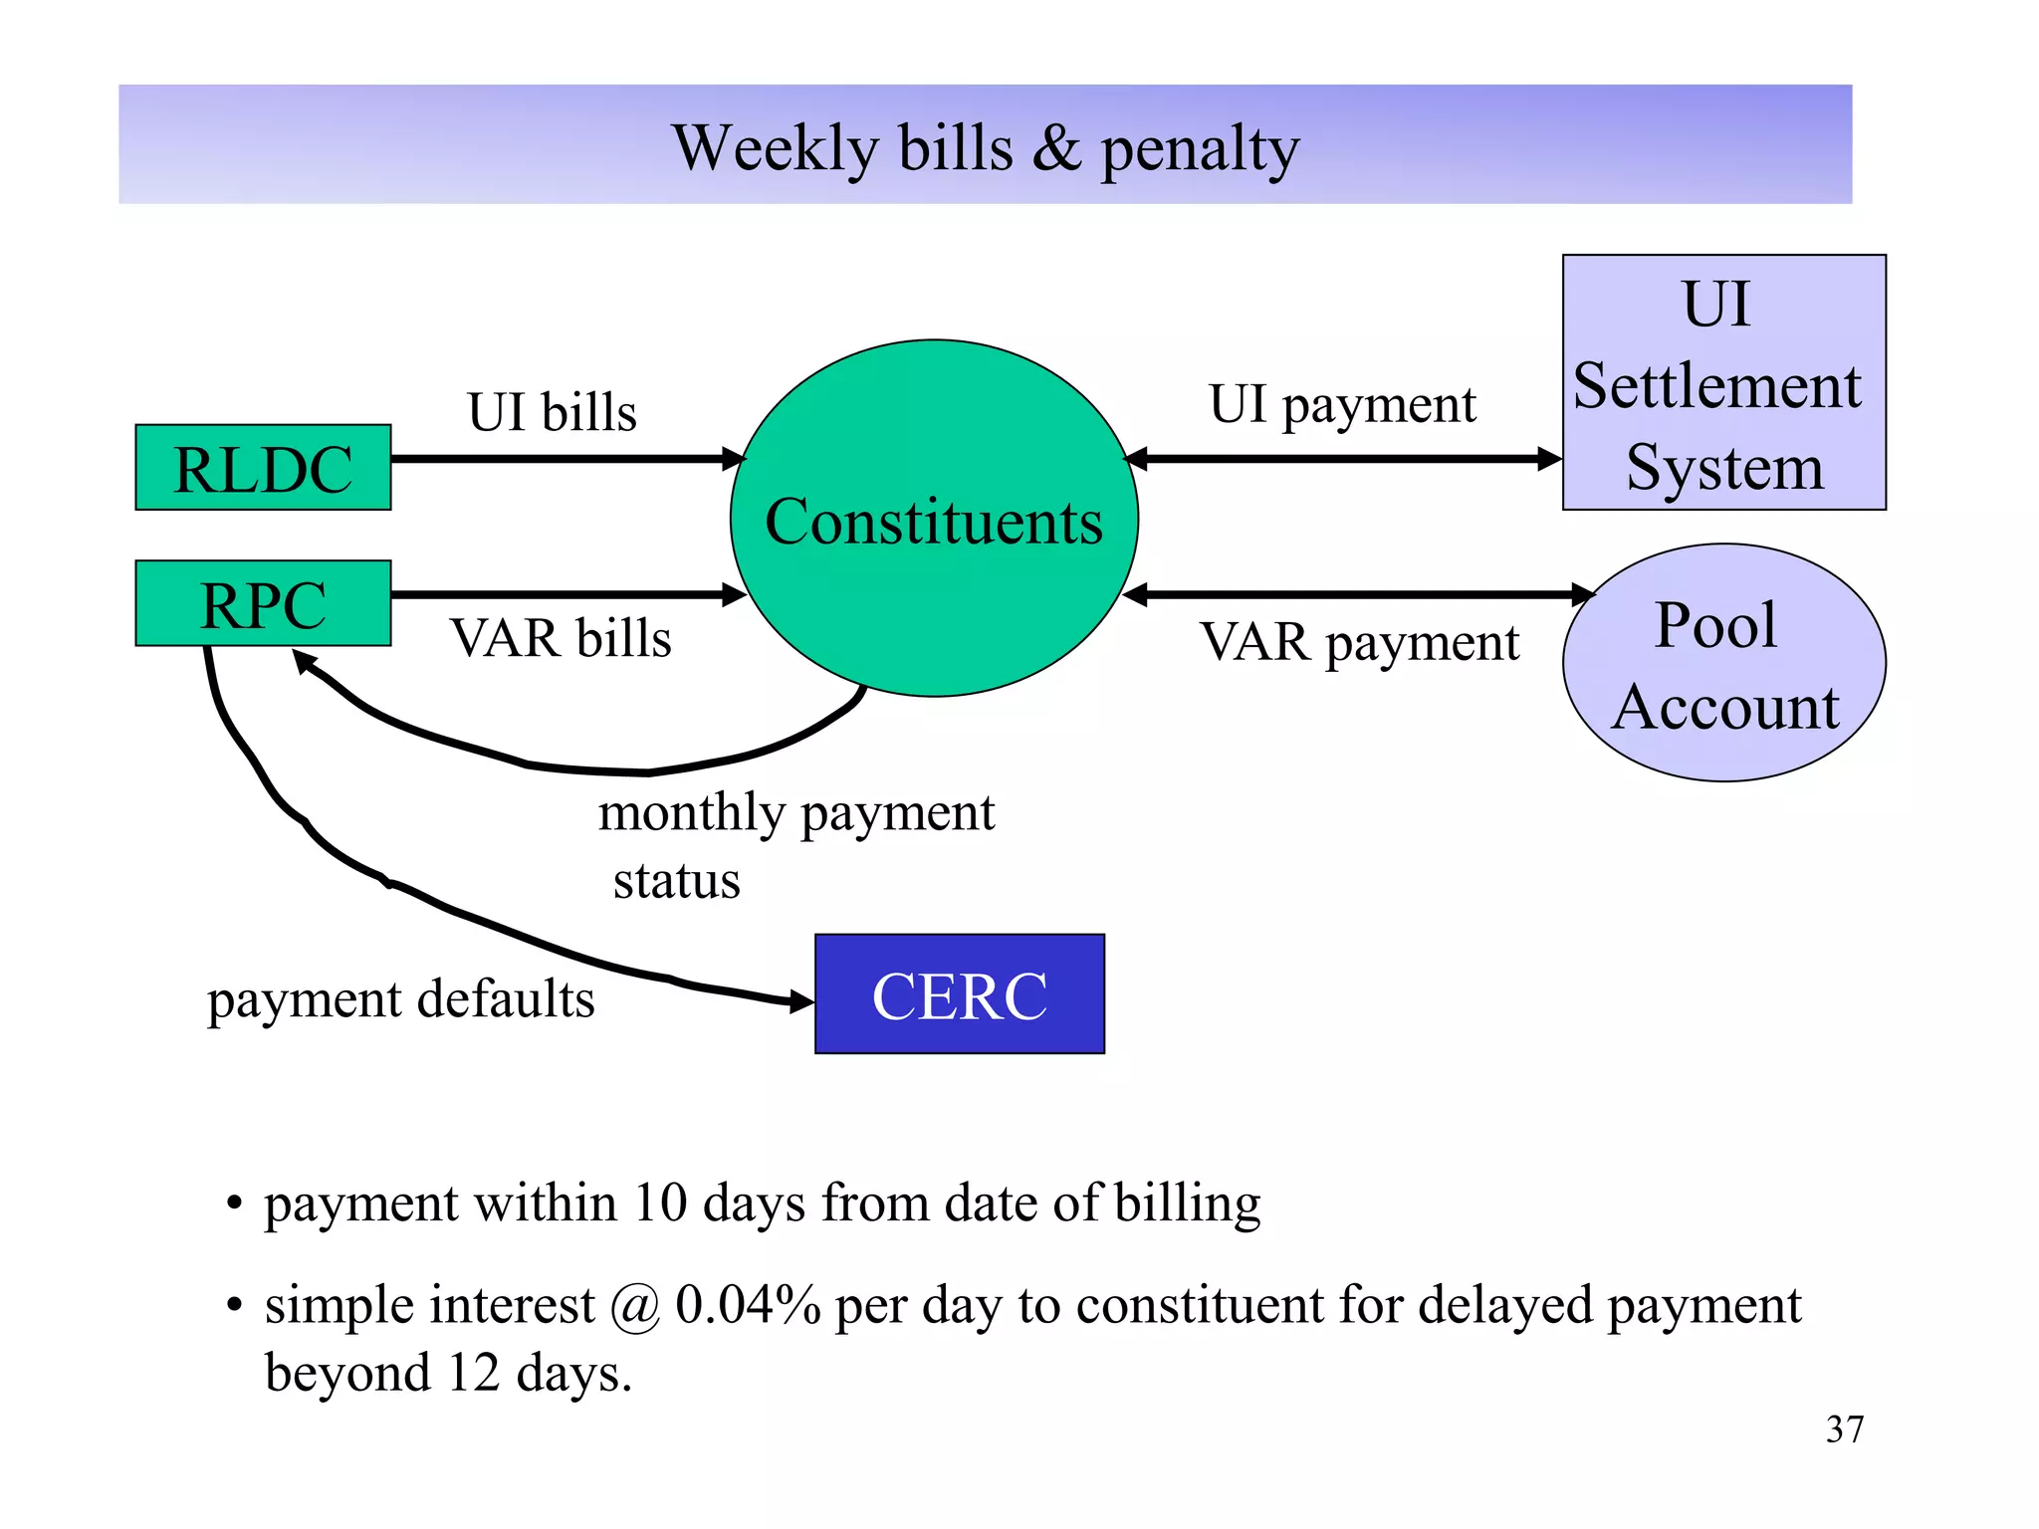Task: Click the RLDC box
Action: pos(263,468)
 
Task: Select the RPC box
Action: pos(263,603)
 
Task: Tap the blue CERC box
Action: pos(959,993)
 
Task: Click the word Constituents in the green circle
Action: pos(934,521)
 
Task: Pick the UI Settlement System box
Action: pos(1723,383)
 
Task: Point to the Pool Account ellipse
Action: pos(1723,663)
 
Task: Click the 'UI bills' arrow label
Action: pos(552,411)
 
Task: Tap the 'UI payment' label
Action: pos(1342,404)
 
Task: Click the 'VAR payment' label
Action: pos(1360,641)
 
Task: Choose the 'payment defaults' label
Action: pos(400,998)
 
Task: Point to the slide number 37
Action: pos(1844,1429)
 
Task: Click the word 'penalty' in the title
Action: pos(1200,149)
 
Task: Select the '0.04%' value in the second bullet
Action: pos(748,1304)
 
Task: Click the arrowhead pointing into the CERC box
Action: pos(801,1001)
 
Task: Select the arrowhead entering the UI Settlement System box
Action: pos(1549,459)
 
